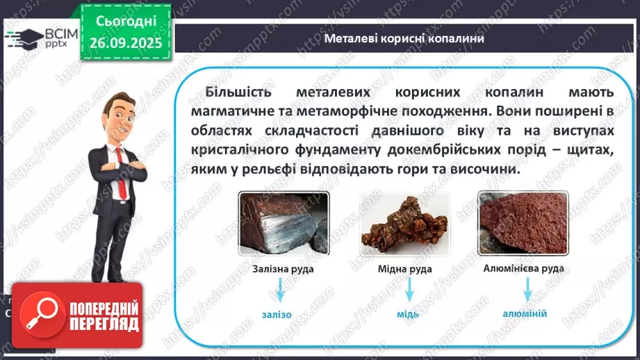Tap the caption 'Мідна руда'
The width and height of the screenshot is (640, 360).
tap(404, 269)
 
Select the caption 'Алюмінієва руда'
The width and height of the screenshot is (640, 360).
tap(523, 268)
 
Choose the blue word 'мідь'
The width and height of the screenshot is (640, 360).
tap(408, 313)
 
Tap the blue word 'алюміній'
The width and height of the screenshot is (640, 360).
tap(525, 313)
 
